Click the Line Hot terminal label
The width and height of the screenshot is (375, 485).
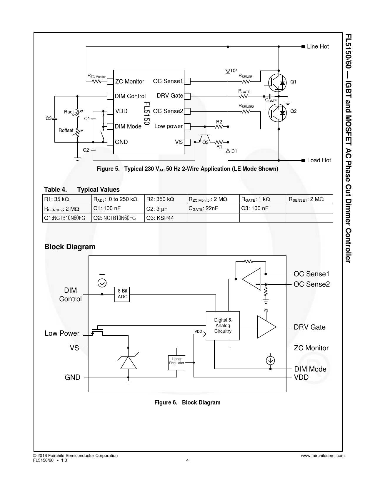pos(318,46)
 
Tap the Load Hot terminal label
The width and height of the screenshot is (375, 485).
pos(319,160)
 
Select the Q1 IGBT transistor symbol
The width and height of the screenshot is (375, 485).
pos(277,83)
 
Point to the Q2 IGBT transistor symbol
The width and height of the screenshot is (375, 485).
pos(277,113)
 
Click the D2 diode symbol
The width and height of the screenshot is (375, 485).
pos(228,71)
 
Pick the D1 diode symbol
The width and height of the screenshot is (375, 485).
pos(228,151)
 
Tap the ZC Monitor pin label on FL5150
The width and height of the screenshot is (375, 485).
pos(129,81)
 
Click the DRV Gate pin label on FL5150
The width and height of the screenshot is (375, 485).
pos(170,96)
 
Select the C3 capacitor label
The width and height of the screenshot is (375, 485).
pos(49,118)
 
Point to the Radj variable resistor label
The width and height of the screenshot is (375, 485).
pos(69,112)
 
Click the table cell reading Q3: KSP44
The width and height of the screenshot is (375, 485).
pos(166,218)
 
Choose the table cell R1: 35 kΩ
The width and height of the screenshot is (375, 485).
pos(67,199)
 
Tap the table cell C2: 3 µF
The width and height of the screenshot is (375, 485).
pos(166,209)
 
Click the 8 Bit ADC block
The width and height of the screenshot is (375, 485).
pos(122,295)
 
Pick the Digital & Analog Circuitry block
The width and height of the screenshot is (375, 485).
pos(223,326)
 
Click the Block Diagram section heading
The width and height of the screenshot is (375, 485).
pos(70,247)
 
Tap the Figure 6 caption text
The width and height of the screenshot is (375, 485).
pos(187,402)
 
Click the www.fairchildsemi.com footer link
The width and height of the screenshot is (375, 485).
pos(323,456)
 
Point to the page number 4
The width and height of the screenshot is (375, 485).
pos(187,460)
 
